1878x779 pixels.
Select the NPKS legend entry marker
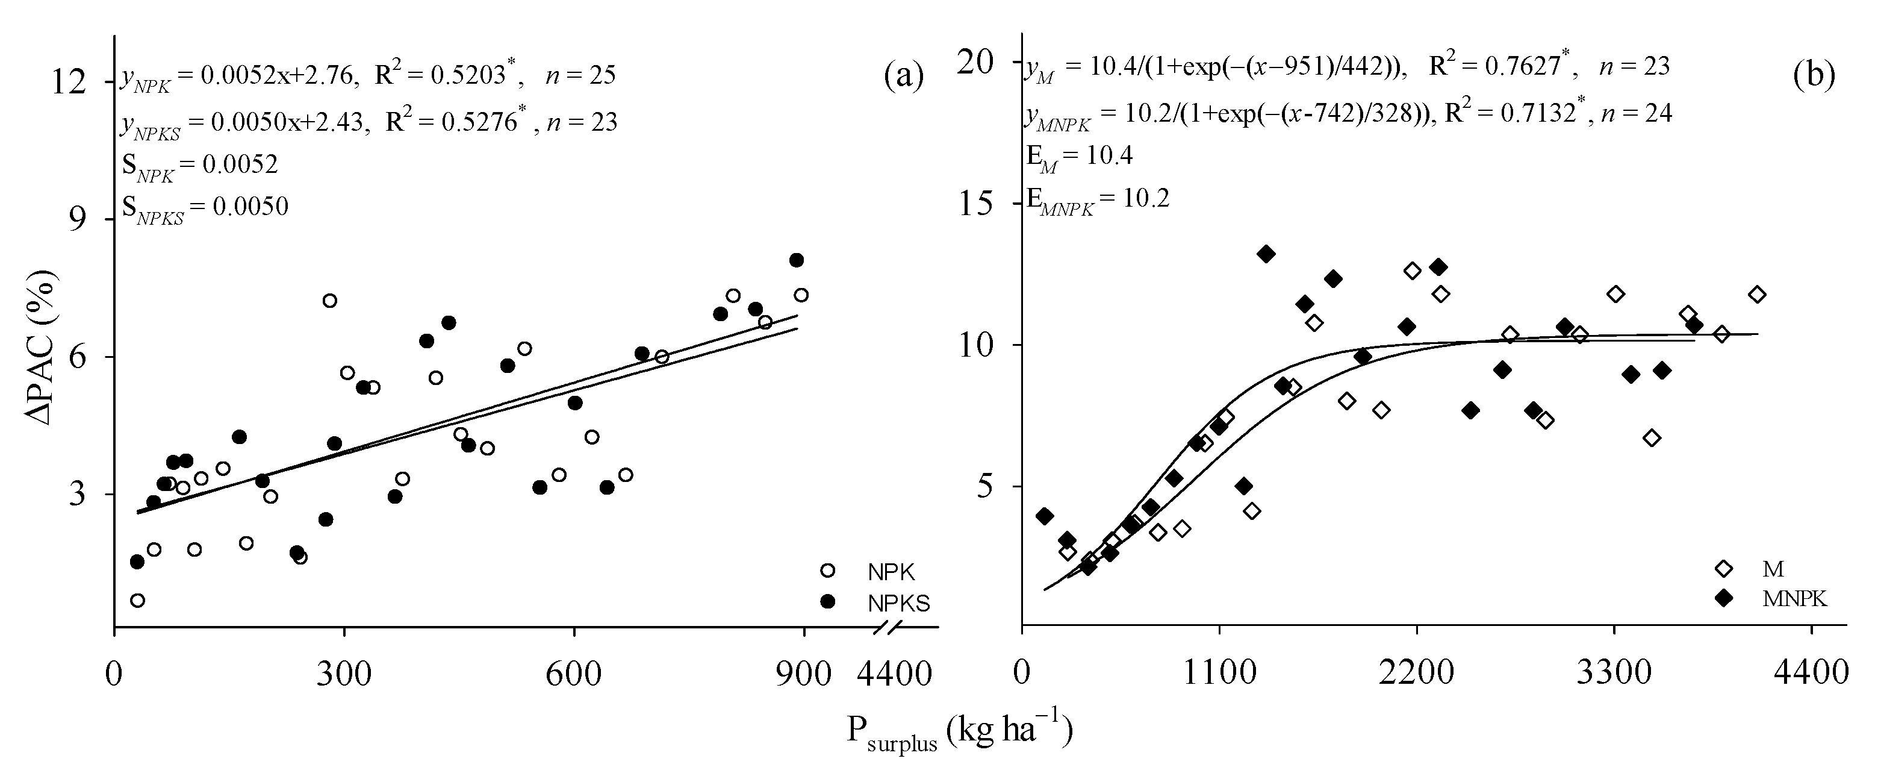pos(827,602)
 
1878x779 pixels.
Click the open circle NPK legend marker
pos(827,571)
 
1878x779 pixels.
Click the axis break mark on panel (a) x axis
pos(889,626)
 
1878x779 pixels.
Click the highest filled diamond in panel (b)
pos(1266,254)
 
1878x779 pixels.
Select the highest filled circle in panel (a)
pos(796,260)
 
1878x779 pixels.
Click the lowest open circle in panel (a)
pos(138,600)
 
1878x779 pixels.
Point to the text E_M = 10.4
pos(1079,155)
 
